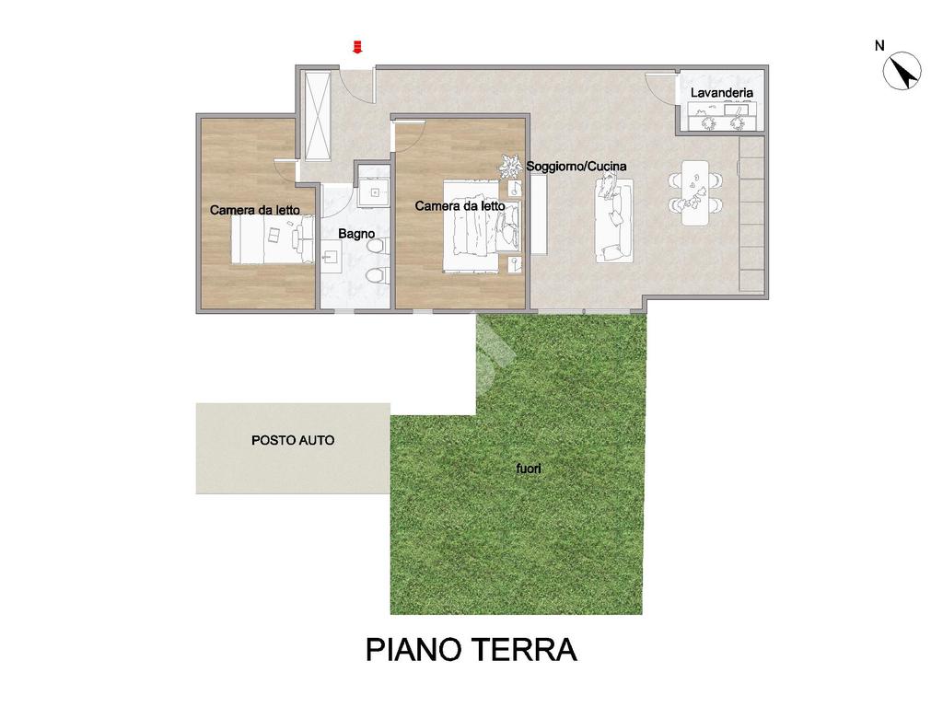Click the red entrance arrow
pos(357,47)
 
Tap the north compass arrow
pos(902,71)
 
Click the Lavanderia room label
pos(722,93)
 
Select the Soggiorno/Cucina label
pos(576,166)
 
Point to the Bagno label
pos(356,233)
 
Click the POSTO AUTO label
pos(293,440)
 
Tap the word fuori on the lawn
pos(529,469)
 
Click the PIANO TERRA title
pos(471,650)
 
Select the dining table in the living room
pos(695,192)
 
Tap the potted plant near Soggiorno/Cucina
pos(511,166)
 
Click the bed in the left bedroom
pos(273,240)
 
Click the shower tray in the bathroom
pos(376,192)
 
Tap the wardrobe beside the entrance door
pos(317,116)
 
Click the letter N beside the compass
pos(879,45)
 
